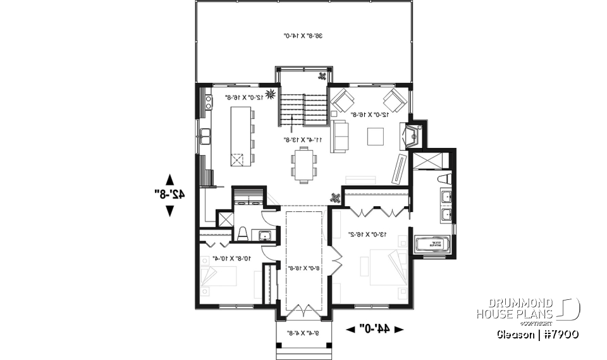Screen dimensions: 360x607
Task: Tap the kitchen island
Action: click(x=240, y=136)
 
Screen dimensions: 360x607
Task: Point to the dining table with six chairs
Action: click(x=303, y=164)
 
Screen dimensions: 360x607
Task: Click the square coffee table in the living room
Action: click(x=375, y=136)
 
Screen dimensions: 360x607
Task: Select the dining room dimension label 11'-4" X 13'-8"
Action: click(x=303, y=139)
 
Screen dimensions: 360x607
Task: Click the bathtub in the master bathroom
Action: click(x=431, y=244)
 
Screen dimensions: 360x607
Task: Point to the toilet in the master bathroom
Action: click(x=445, y=179)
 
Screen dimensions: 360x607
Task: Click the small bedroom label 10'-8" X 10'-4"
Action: click(x=230, y=258)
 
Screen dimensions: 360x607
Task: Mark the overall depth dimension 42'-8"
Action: click(x=170, y=194)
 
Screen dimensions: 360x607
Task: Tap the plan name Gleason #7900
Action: click(x=537, y=333)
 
